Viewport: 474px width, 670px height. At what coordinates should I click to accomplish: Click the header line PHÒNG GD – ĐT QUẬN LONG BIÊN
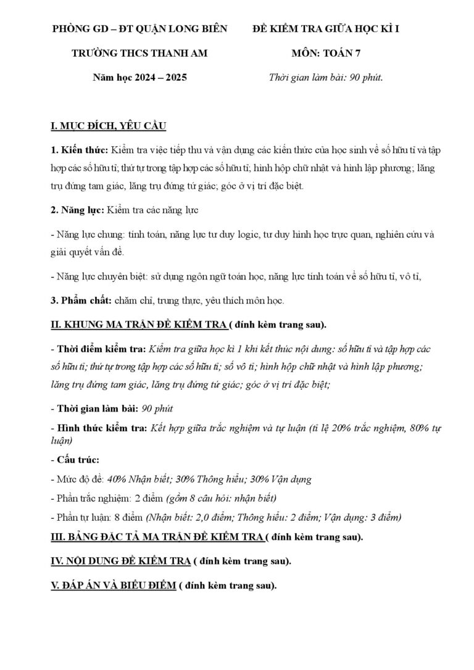[139, 29]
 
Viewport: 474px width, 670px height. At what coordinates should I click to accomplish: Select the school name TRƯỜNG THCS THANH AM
[139, 54]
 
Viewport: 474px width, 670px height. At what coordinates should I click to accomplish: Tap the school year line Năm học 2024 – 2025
[139, 78]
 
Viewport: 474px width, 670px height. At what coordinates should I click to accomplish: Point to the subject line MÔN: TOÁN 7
[326, 54]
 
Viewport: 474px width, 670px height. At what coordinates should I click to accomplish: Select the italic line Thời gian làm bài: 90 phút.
[326, 78]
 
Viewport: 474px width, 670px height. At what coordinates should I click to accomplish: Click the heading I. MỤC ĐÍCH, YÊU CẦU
[107, 126]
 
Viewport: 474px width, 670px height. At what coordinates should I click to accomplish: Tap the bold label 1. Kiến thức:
[78, 151]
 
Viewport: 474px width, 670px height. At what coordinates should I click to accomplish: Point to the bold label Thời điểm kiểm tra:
[101, 349]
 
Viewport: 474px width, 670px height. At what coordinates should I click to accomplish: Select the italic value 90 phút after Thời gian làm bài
[157, 408]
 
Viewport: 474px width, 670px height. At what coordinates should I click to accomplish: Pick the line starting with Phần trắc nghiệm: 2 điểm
[164, 498]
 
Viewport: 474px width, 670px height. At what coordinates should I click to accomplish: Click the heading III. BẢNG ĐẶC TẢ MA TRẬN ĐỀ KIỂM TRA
[157, 536]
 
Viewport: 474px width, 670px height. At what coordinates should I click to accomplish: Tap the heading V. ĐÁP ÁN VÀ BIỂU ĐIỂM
[113, 585]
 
